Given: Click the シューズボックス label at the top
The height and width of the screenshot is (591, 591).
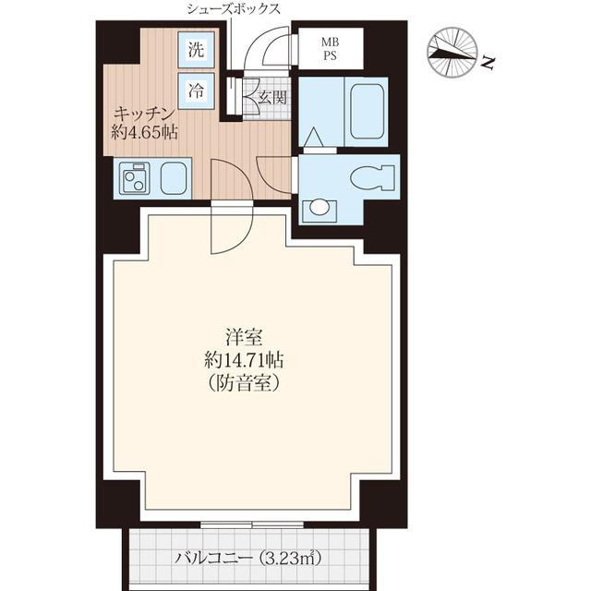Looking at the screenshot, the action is point(234,9).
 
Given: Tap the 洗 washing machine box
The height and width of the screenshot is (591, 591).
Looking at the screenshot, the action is point(196,50).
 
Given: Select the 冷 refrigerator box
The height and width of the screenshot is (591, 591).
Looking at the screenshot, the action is point(196,90).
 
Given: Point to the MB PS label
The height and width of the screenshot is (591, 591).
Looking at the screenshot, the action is point(330,49).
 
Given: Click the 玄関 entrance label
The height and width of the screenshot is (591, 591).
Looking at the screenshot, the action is point(272,98).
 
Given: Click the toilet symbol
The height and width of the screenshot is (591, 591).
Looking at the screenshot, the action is point(373,177).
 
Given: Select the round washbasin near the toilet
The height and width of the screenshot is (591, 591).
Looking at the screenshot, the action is point(320,207).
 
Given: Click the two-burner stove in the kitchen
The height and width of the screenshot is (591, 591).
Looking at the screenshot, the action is point(135,178).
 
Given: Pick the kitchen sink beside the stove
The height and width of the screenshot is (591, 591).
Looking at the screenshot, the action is point(174,178).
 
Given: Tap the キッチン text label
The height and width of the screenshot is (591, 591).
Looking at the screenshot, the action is point(144,114).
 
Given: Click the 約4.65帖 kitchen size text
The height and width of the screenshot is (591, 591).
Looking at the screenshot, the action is point(144,132).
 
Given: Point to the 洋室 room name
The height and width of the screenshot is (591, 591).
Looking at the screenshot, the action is point(244,337).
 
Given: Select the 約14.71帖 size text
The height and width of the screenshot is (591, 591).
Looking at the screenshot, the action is point(244,360).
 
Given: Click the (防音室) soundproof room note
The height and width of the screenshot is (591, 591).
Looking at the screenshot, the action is point(244,383).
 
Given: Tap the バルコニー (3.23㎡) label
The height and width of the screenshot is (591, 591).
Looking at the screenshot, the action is point(248,558).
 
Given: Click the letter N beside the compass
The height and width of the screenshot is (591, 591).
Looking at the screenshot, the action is point(488,63).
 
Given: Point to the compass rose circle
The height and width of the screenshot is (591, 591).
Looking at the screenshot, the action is point(452,54).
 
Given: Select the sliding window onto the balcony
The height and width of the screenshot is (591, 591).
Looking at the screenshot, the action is point(252,525).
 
